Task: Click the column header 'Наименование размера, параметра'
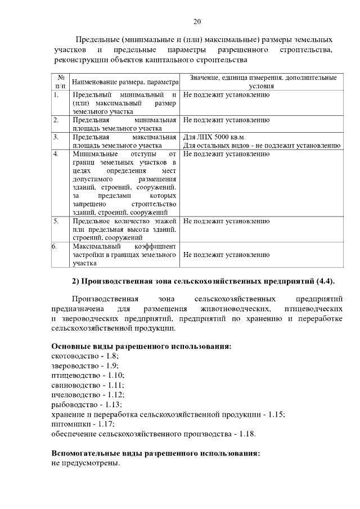pyautogui.click(x=124, y=82)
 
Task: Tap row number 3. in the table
pyautogui.click(x=56, y=137)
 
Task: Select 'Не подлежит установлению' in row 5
pyautogui.click(x=226, y=221)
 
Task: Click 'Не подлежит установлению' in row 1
pyautogui.click(x=226, y=95)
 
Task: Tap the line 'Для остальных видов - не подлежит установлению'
pyautogui.click(x=262, y=145)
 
